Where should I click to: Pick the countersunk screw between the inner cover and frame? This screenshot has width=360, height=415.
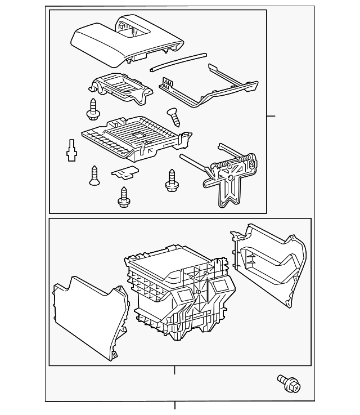174,117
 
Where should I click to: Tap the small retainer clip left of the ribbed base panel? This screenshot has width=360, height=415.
71,150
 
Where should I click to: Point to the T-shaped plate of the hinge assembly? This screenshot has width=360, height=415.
228,186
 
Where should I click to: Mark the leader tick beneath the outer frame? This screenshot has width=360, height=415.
175,405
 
